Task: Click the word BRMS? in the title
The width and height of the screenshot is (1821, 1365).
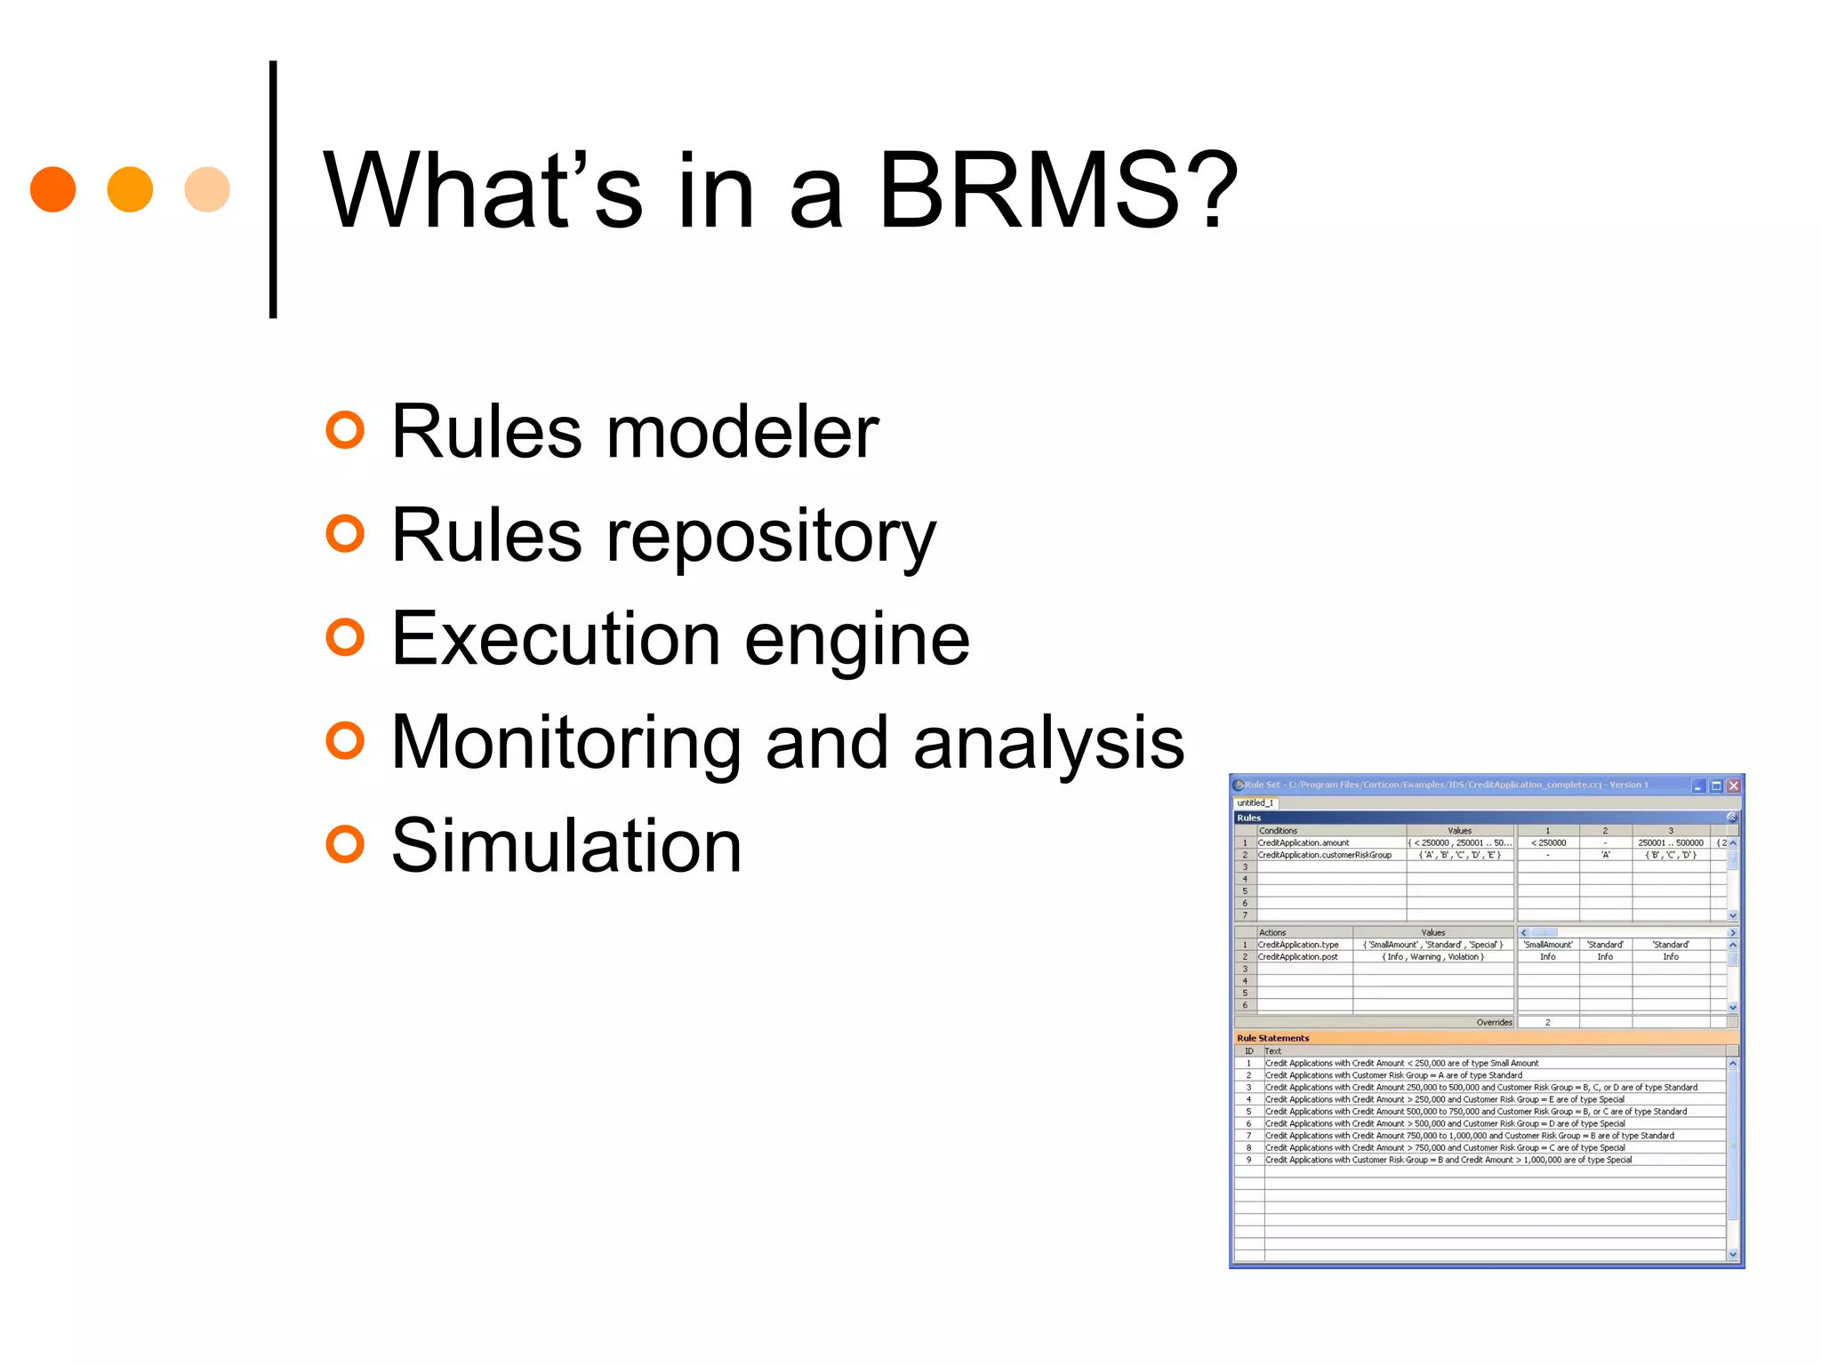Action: tap(1058, 190)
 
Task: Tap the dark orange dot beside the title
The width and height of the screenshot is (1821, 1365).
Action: tap(53, 189)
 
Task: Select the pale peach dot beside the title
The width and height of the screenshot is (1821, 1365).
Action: tap(207, 189)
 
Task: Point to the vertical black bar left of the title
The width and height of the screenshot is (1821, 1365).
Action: tap(273, 189)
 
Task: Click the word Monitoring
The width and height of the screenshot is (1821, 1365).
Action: tap(566, 742)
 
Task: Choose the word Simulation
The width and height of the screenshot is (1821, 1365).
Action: tap(566, 845)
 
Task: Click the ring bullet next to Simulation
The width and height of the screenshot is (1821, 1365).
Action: tap(345, 844)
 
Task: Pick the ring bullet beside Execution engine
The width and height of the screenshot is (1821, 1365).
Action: tap(345, 637)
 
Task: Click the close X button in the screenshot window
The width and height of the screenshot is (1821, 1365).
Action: tap(1733, 786)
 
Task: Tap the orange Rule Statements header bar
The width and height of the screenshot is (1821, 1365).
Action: tap(1485, 1038)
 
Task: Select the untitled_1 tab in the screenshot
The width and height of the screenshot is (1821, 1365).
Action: tap(1255, 802)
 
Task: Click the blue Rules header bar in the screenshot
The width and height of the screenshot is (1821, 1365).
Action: tap(1476, 818)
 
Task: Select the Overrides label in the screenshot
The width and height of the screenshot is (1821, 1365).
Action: tap(1494, 1022)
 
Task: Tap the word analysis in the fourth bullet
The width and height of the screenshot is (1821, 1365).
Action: tap(1048, 742)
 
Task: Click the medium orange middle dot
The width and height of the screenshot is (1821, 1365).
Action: tap(130, 189)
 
